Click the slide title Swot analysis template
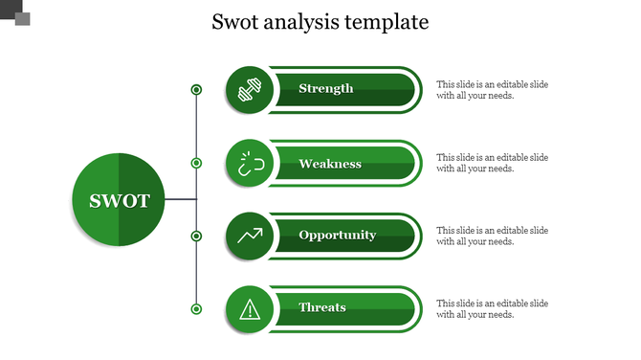click(x=320, y=22)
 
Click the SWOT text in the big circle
click(x=120, y=201)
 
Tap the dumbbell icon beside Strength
click(x=250, y=89)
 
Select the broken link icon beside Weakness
click(x=250, y=164)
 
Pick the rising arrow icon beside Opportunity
click(x=250, y=236)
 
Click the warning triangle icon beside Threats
click(x=250, y=308)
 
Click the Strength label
click(x=325, y=89)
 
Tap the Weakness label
click(x=329, y=164)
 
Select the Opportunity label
click(x=337, y=236)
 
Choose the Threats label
click(x=322, y=307)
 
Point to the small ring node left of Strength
click(x=196, y=90)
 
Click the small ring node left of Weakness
click(x=196, y=164)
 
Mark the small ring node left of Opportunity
click(x=196, y=236)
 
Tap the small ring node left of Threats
click(x=196, y=308)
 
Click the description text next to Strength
click(x=492, y=90)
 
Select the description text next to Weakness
click(x=492, y=163)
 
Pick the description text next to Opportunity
click(x=492, y=236)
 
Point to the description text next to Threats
click(x=492, y=308)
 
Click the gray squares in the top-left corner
click(x=17, y=13)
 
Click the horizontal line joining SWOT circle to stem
click(x=181, y=200)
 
